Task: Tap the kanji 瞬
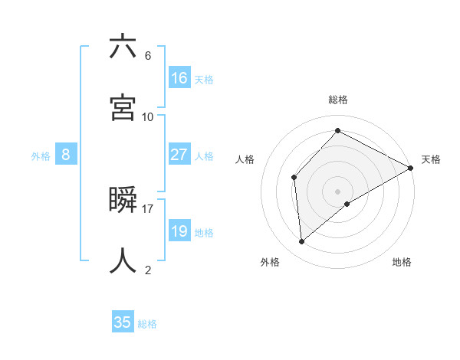click(x=123, y=200)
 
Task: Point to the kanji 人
click(x=123, y=260)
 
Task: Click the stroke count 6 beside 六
click(x=148, y=56)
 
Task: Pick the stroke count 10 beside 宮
click(x=148, y=117)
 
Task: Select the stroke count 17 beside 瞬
click(x=148, y=208)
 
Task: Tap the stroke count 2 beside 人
click(x=148, y=270)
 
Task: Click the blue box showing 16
click(x=179, y=78)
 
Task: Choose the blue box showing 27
click(x=179, y=155)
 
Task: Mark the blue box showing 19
click(x=179, y=231)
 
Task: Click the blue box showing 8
click(x=66, y=155)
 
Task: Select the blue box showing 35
click(x=123, y=322)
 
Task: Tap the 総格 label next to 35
click(x=148, y=324)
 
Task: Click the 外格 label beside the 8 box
click(x=41, y=156)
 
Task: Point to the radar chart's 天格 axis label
click(x=431, y=159)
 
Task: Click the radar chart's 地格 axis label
click(x=402, y=263)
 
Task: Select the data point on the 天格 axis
click(x=411, y=168)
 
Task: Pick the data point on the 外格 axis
click(x=302, y=242)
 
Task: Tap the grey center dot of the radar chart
click(x=338, y=191)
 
